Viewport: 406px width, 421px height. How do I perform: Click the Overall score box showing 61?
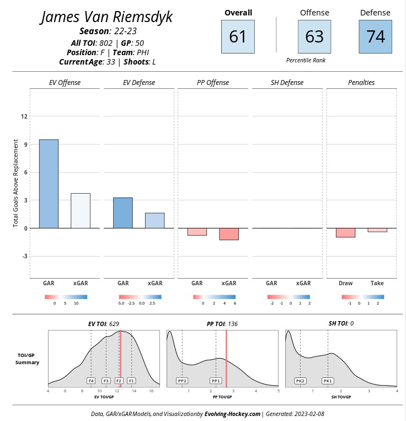coord(238,36)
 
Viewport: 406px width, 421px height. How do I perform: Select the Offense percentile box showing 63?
coord(314,36)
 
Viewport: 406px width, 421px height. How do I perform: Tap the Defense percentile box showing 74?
coord(375,36)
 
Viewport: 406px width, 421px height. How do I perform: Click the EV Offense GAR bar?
coord(49,184)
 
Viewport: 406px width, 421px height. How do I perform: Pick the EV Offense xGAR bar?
coord(81,211)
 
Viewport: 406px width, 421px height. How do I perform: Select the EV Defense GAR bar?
coord(123,213)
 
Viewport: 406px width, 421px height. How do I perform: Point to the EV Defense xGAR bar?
coord(154,221)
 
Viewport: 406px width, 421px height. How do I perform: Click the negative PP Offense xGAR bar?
coord(229,234)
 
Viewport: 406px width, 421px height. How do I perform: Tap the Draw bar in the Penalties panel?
coord(345,233)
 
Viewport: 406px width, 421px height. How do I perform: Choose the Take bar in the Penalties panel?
coord(377,230)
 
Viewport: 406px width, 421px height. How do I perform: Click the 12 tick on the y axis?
coord(23,116)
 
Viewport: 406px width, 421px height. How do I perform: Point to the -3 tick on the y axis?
coord(23,256)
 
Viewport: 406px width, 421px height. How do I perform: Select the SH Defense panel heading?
coord(287,83)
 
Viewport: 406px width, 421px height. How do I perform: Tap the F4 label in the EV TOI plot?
coord(91,381)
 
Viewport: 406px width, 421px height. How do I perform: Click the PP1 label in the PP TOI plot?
coord(216,381)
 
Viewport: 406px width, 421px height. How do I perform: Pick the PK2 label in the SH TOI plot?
coord(300,381)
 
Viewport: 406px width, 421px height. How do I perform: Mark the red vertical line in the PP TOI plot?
coord(226,359)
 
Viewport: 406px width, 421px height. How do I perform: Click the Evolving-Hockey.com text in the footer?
coord(232,413)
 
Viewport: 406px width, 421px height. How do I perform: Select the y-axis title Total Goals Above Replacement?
coord(16,183)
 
